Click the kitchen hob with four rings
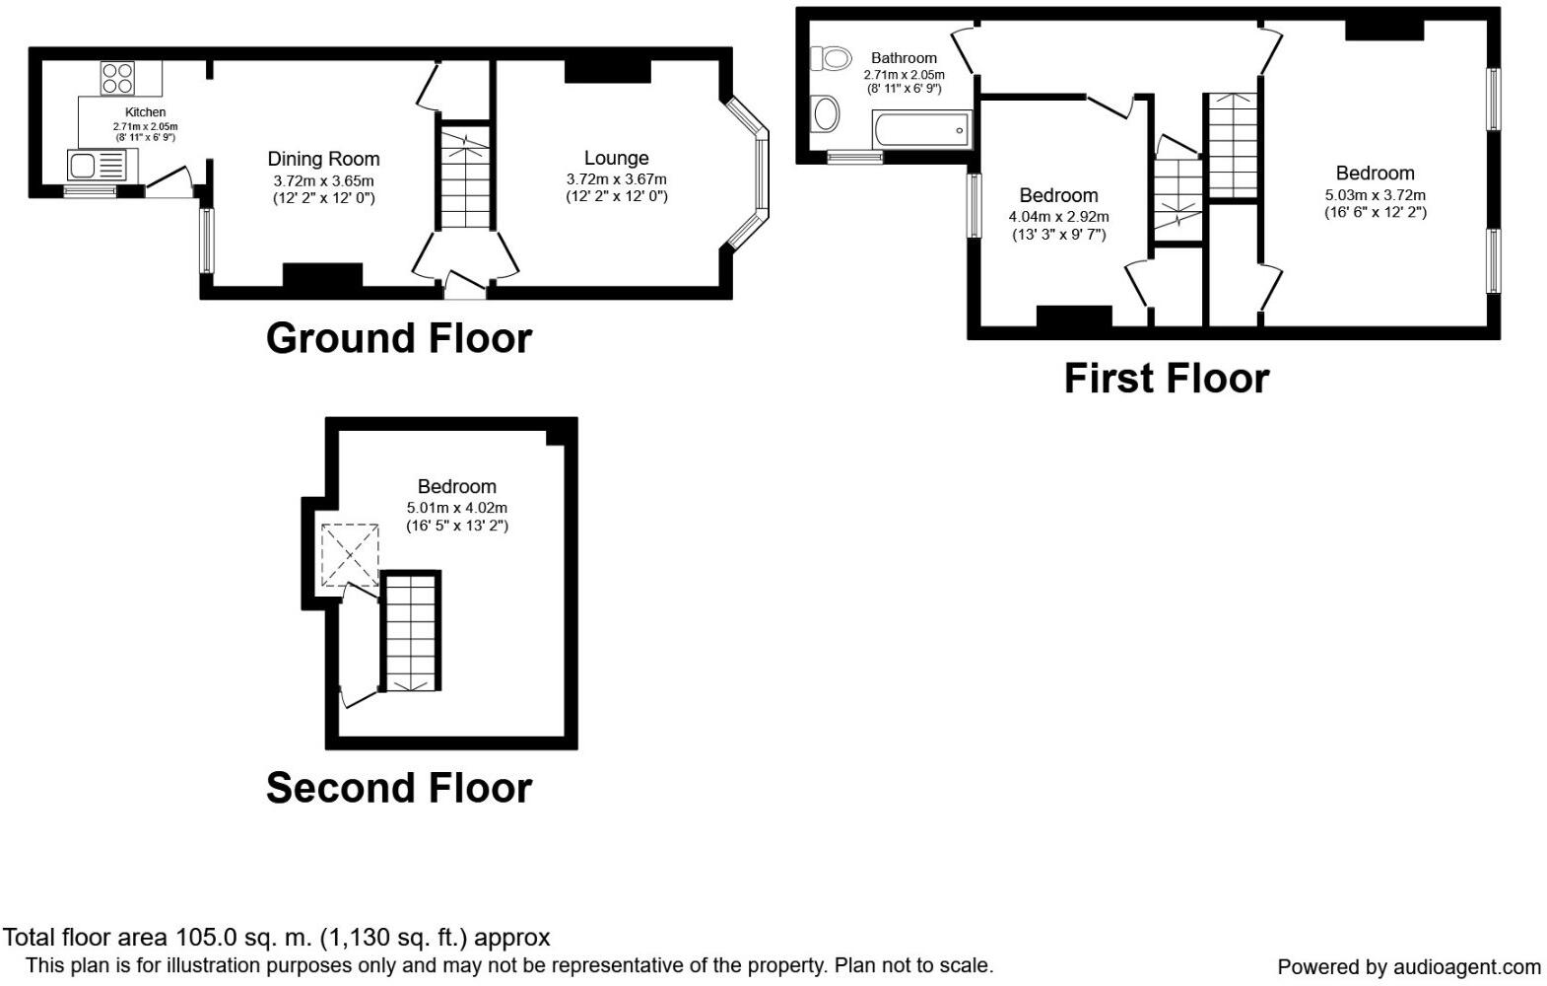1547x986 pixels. pos(118,78)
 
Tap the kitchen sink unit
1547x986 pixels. pos(102,166)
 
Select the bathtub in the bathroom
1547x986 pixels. pos(922,129)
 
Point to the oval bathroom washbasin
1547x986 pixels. pos(827,114)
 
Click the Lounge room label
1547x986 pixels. pos(616,158)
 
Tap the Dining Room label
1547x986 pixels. pos(323,159)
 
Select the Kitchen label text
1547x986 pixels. pos(145,112)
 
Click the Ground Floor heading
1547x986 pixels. pos(398,338)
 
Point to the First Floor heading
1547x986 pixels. pos(1167,379)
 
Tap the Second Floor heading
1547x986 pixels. pos(398,788)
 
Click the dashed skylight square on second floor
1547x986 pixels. pos(350,555)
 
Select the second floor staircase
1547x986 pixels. pos(411,632)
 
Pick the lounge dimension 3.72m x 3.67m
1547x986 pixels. pos(616,179)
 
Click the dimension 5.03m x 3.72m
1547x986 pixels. pos(1375,195)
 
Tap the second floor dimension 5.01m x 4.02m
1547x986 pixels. pos(456,508)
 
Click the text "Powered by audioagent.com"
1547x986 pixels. pos(1409,966)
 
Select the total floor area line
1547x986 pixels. pos(276,938)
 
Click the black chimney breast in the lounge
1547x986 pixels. pos(608,72)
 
